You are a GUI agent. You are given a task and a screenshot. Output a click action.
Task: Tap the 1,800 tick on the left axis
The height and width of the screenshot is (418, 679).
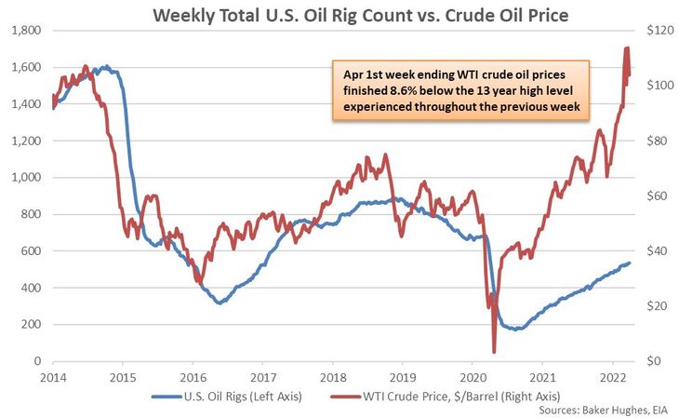[x=25, y=31]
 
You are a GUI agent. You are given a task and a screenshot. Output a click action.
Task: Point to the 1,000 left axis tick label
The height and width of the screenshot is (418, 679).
[x=25, y=177]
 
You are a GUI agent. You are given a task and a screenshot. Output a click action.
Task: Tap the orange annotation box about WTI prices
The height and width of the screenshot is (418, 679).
[x=461, y=91]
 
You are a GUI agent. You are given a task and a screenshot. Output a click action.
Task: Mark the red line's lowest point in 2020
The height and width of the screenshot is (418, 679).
[x=494, y=351]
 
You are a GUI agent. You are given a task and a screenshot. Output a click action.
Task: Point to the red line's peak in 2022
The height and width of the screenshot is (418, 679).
[x=626, y=47]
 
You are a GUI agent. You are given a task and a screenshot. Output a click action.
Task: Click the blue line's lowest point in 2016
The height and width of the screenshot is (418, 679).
[x=219, y=303]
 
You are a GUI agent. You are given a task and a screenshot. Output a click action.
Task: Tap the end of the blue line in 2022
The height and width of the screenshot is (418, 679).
[x=630, y=263]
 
